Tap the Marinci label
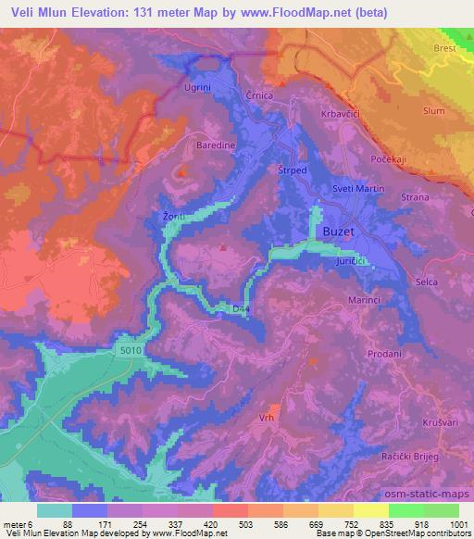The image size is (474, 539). click(x=368, y=298)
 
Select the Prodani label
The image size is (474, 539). click(x=383, y=354)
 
